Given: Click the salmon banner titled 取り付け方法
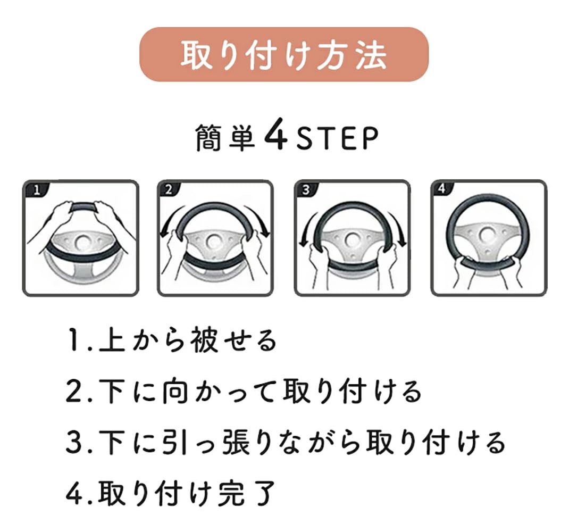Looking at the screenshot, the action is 284,54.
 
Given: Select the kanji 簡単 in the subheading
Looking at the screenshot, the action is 225,138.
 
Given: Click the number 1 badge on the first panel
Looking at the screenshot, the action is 36,190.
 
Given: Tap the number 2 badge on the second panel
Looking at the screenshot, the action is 169,190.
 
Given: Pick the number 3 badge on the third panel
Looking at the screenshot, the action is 306,190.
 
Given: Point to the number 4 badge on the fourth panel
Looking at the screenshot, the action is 441,189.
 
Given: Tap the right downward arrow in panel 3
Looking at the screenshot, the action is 399,229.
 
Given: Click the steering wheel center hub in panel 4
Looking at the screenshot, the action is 487,235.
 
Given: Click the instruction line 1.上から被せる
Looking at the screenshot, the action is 171,340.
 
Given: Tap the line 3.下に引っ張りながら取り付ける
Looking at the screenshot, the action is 285,443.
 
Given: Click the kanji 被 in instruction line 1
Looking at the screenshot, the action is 205,340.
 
